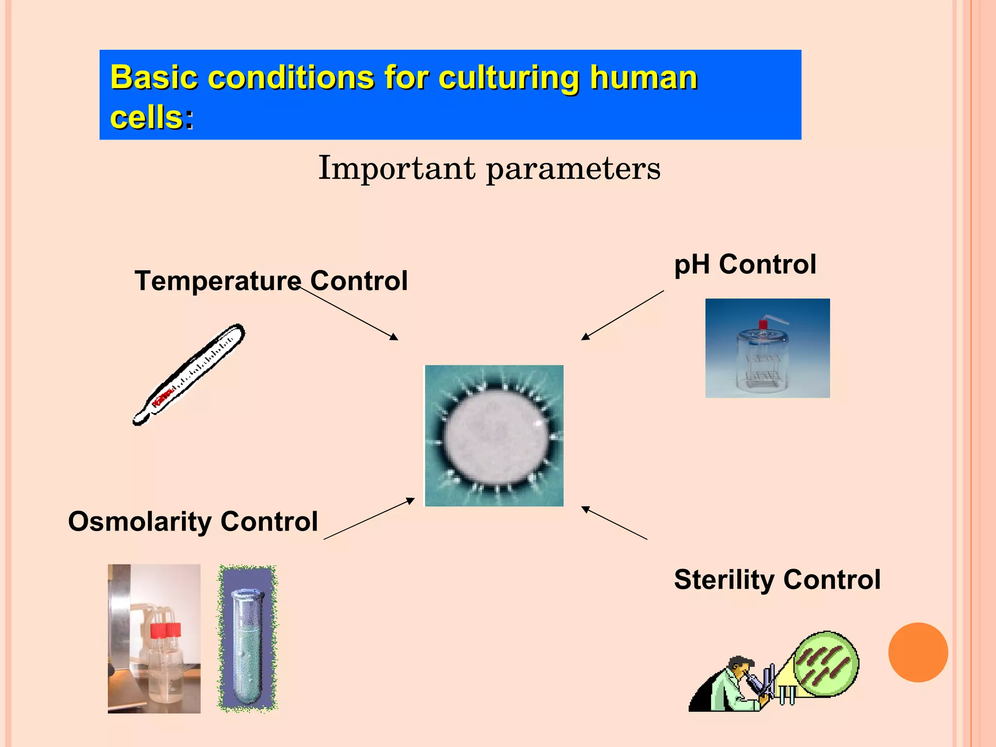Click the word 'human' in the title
tap(643, 78)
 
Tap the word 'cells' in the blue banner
tap(146, 118)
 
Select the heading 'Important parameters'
tap(489, 168)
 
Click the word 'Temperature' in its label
tap(217, 281)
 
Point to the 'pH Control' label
tap(745, 265)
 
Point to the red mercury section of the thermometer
tap(162, 397)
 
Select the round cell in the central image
tap(495, 436)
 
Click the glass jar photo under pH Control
tap(767, 348)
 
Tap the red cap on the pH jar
tap(763, 325)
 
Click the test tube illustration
tap(247, 639)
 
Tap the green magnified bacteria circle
tap(826, 663)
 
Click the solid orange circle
tap(918, 652)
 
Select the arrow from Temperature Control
tap(349, 313)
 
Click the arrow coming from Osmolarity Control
tap(369, 519)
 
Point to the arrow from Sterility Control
tap(615, 523)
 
